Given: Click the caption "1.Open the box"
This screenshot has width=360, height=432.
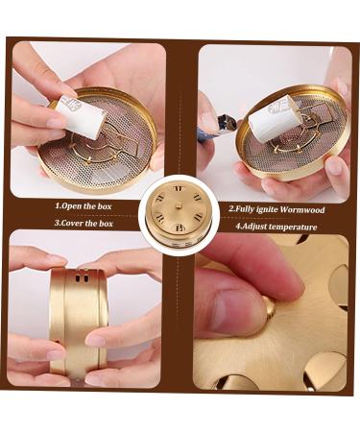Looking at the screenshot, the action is pyautogui.click(x=84, y=206).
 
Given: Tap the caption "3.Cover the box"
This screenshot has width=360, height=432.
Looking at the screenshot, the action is pyautogui.click(x=84, y=223).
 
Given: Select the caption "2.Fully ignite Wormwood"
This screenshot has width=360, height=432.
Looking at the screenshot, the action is pyautogui.click(x=276, y=209).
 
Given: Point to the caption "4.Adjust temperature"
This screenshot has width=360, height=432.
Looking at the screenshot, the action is pyautogui.click(x=276, y=227).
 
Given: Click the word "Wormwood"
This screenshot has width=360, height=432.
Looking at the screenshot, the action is pyautogui.click(x=302, y=210).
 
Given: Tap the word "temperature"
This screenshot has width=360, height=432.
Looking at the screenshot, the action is pyautogui.click(x=293, y=227).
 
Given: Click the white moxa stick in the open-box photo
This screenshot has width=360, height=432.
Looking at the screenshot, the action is pyautogui.click(x=81, y=115).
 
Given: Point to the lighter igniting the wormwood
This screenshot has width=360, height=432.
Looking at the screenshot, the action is pyautogui.click(x=221, y=126).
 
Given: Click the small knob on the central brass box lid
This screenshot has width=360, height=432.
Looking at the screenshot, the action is pyautogui.click(x=179, y=205).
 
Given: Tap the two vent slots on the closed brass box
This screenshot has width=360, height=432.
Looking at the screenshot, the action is pyautogui.click(x=82, y=277).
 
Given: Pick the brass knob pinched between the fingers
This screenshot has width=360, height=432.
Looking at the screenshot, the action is pyautogui.click(x=270, y=308).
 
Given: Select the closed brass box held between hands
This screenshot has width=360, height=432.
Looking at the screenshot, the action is pyautogui.click(x=79, y=324).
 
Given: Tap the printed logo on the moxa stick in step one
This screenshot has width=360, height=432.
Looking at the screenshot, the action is pyautogui.click(x=68, y=102).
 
